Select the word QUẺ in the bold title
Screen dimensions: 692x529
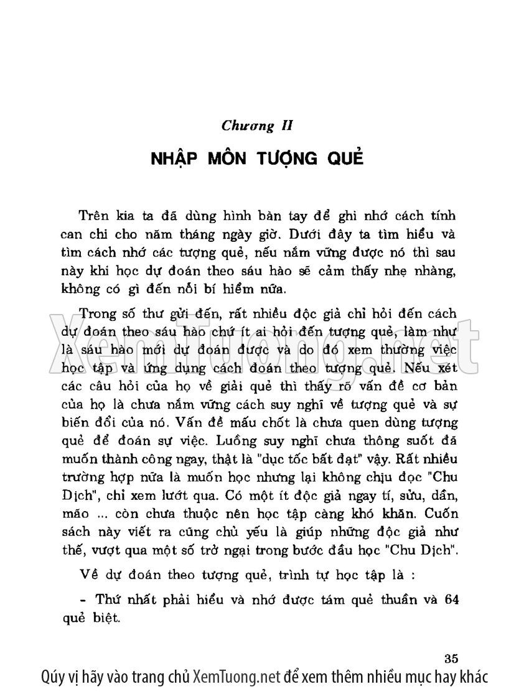coord(341,158)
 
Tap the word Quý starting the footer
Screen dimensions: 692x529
coord(53,676)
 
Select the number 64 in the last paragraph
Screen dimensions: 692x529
coord(449,601)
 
